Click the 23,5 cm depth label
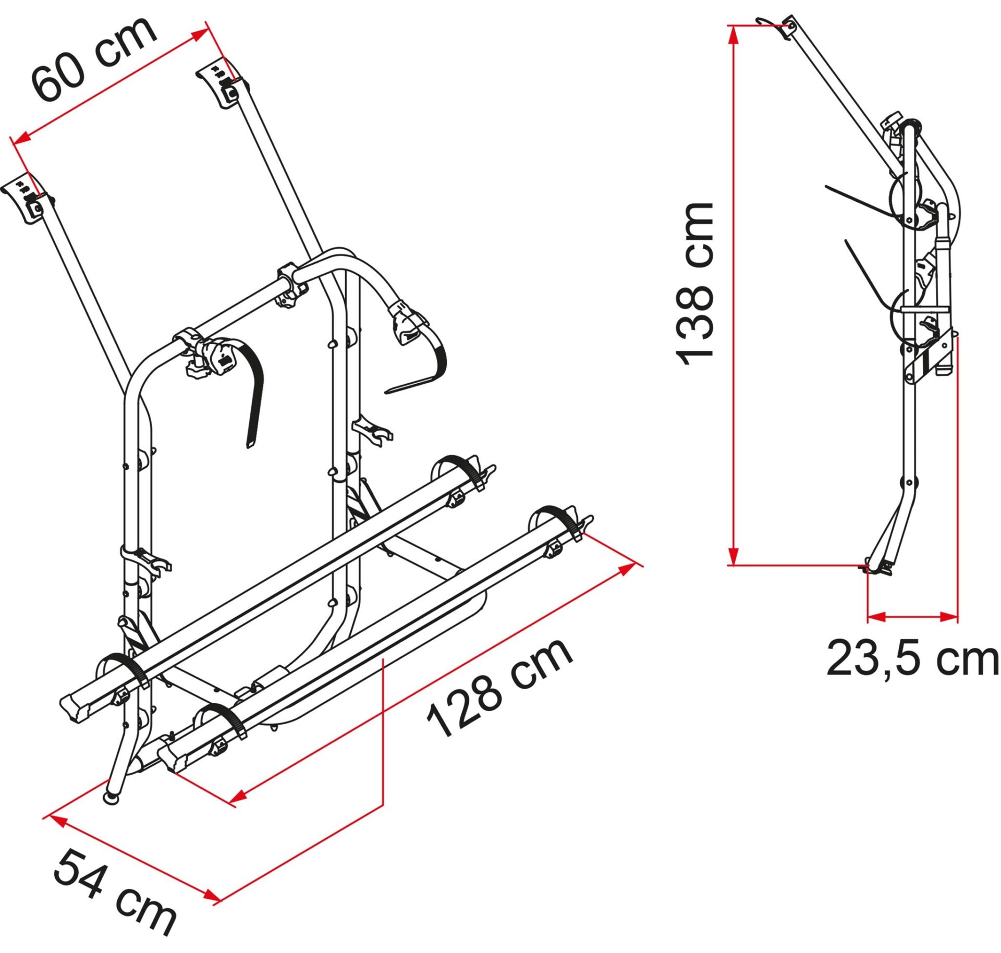[912, 659]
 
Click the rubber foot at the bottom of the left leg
[111, 798]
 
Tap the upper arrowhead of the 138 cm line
[733, 34]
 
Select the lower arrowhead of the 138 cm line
[733, 556]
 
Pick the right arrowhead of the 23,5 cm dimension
[949, 617]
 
